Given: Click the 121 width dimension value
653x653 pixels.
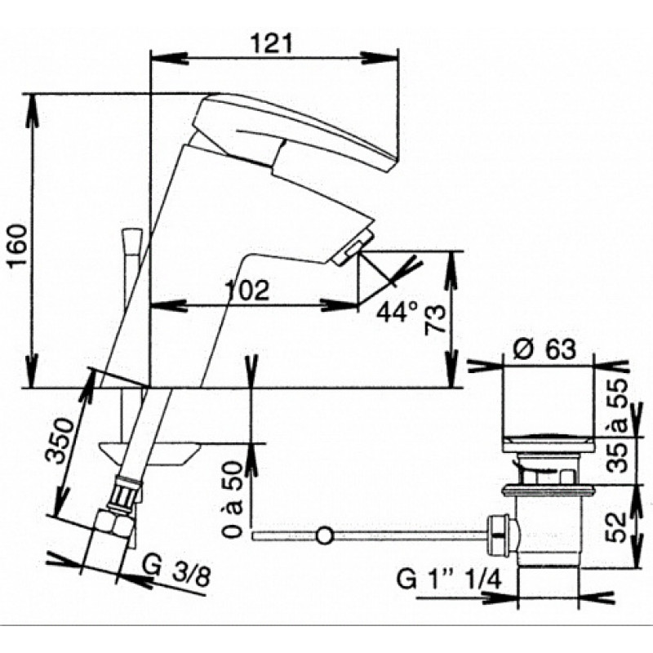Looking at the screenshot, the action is [271, 43].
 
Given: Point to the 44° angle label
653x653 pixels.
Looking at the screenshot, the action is [397, 312].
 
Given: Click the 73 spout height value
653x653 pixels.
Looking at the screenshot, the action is [436, 320].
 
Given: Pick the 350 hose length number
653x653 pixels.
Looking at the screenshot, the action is [60, 441].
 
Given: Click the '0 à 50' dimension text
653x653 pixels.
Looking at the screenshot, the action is [232, 500].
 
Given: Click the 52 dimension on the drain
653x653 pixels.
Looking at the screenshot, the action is [616, 526].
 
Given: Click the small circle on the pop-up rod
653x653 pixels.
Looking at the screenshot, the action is [324, 535].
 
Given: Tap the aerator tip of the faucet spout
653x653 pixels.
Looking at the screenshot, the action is [347, 248].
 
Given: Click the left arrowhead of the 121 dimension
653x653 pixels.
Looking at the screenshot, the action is [168, 58].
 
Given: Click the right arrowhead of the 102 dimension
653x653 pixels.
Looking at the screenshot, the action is [339, 305].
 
